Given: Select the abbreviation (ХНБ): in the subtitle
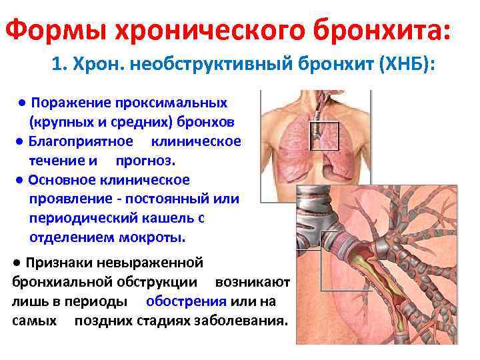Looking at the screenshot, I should (406, 66).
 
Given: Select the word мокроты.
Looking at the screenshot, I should (153, 237).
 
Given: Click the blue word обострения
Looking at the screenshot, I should (186, 301).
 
